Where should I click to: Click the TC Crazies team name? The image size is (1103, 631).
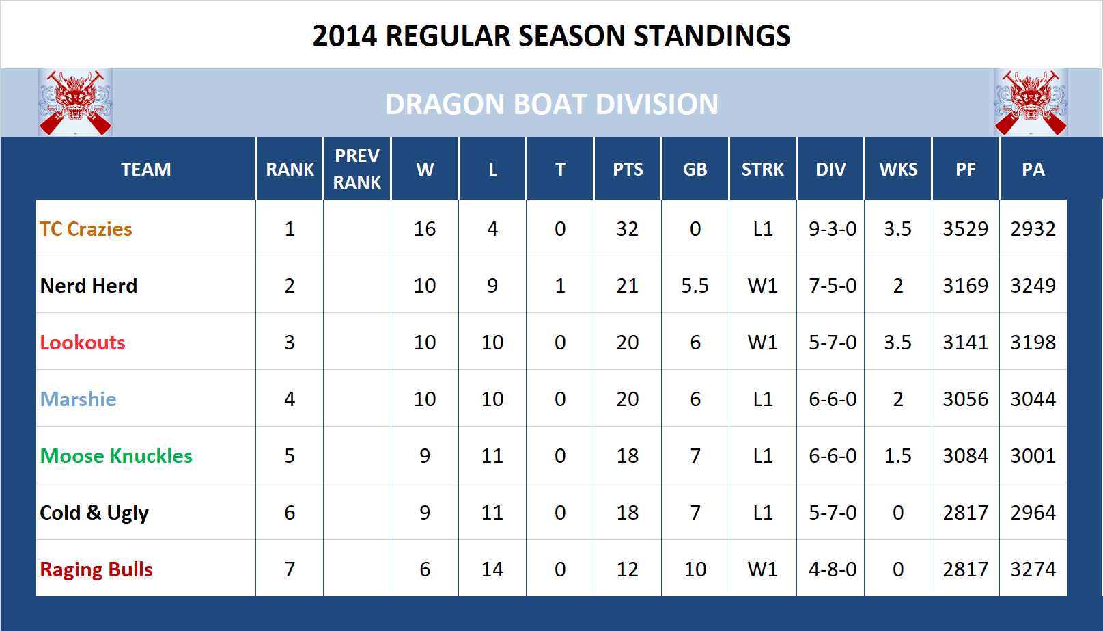point(86,229)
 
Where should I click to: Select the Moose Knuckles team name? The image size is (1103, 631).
point(116,456)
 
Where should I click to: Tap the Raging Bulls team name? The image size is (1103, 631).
point(96,569)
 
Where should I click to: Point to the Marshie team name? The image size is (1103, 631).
point(78,399)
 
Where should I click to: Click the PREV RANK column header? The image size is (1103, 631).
point(357,169)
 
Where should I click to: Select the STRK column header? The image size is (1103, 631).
point(763,170)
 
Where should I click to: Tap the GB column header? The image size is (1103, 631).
point(695,170)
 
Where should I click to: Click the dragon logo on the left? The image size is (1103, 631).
point(75,103)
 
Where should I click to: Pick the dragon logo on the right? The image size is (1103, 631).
point(1031,103)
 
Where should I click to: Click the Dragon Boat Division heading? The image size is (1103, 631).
point(551,105)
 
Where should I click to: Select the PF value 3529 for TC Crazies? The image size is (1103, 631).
point(965,229)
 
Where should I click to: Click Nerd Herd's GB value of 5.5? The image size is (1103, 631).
point(695,286)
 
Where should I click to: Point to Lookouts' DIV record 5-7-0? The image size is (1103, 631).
point(833,343)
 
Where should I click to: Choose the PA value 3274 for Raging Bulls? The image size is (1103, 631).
point(1033,569)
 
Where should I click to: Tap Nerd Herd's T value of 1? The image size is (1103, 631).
point(560,286)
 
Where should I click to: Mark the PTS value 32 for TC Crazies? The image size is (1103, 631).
point(627,229)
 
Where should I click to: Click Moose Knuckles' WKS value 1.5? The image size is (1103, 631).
point(897,456)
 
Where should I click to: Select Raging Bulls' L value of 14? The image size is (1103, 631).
point(492,569)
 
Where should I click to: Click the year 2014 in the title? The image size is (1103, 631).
point(345,36)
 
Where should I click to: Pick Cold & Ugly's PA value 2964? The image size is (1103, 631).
point(1033,513)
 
